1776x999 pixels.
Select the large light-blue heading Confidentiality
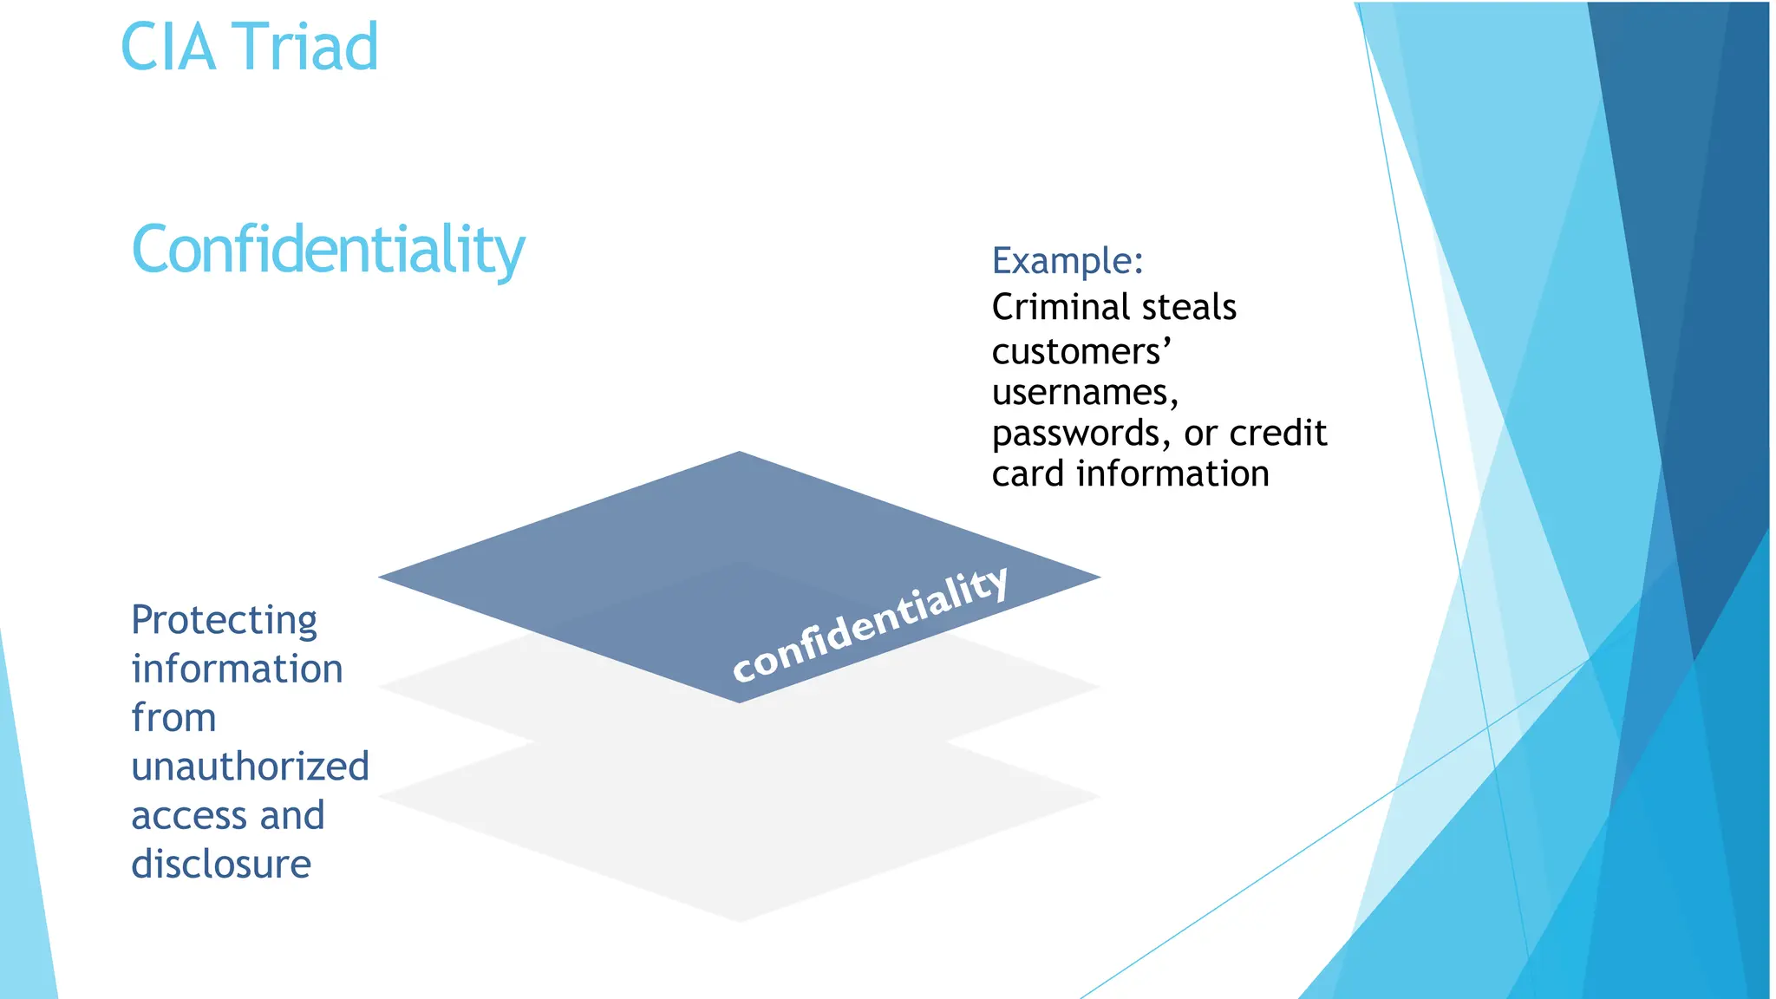click(x=328, y=250)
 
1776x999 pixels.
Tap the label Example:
click(x=1068, y=260)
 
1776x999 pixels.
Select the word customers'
click(x=1081, y=351)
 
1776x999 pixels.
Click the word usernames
click(x=1084, y=393)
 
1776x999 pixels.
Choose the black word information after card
click(x=1172, y=474)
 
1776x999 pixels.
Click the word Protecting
click(x=224, y=621)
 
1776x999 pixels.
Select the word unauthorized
click(x=250, y=767)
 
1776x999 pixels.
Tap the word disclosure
click(x=221, y=865)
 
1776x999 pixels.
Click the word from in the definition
click(x=173, y=718)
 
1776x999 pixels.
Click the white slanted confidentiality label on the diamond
click(x=870, y=624)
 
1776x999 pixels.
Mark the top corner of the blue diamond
click(x=740, y=453)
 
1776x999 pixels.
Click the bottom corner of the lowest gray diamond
click(x=740, y=921)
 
